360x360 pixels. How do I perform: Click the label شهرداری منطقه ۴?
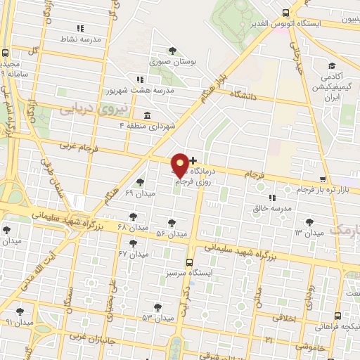click(x=148, y=126)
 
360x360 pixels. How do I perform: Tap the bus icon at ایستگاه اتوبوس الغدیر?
click(x=285, y=13)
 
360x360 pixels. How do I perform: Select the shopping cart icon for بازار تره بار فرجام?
click(x=322, y=180)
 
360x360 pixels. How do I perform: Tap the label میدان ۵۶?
click(x=171, y=233)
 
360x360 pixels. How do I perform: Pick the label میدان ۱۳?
click(x=308, y=232)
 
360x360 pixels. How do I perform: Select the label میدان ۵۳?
click(x=157, y=318)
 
